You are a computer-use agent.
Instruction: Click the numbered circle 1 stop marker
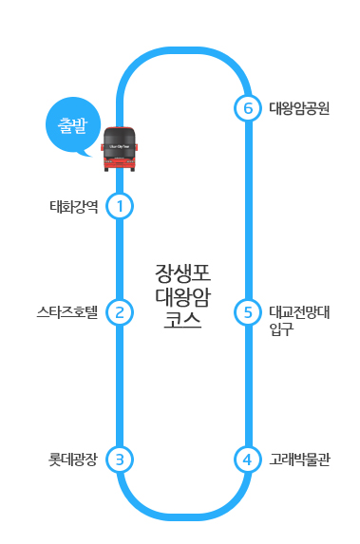pos(120,205)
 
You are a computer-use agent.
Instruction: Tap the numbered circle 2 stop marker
pos(120,311)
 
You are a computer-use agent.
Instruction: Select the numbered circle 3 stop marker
pos(120,460)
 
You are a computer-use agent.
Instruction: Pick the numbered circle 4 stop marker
pos(247,460)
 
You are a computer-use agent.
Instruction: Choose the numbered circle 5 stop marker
pos(247,311)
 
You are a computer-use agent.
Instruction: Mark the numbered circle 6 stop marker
pos(247,109)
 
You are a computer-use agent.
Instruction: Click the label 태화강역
pos(74,205)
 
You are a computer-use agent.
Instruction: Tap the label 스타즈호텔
pos(67,311)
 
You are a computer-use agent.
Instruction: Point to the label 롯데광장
pos(73,460)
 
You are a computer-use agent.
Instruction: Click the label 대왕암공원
pos(299,109)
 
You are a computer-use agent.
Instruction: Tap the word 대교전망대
pos(298,310)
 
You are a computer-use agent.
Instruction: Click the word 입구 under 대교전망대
pos(280,329)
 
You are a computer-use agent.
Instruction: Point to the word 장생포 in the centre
pos(181,274)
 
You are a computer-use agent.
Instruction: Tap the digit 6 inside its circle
pos(247,109)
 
